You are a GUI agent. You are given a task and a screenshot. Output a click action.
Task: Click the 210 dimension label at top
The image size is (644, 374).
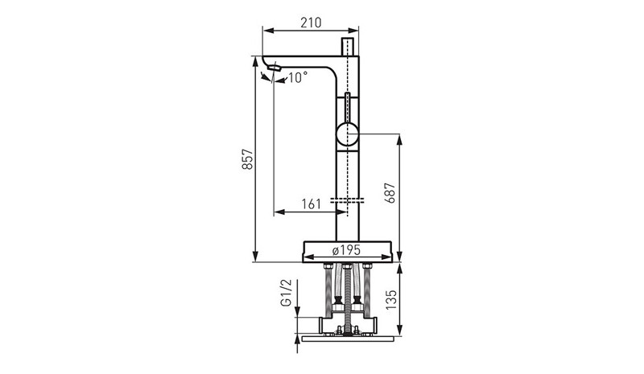coord(311,23)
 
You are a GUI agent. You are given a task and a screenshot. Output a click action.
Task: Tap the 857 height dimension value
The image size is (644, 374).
coord(247,159)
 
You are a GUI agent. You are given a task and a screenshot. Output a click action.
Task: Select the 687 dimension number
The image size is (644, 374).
coord(390,192)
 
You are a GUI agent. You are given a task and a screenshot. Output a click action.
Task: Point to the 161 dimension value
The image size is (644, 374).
coord(311,204)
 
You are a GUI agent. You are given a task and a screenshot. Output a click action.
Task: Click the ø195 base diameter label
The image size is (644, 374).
coord(346,249)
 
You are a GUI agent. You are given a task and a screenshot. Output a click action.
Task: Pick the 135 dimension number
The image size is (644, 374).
coord(391,300)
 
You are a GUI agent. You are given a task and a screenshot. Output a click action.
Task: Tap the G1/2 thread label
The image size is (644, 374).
coord(287,293)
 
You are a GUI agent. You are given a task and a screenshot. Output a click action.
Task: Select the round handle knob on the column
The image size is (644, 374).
coord(348,134)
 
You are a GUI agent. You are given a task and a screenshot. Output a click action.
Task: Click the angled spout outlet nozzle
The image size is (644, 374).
coord(274,68)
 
